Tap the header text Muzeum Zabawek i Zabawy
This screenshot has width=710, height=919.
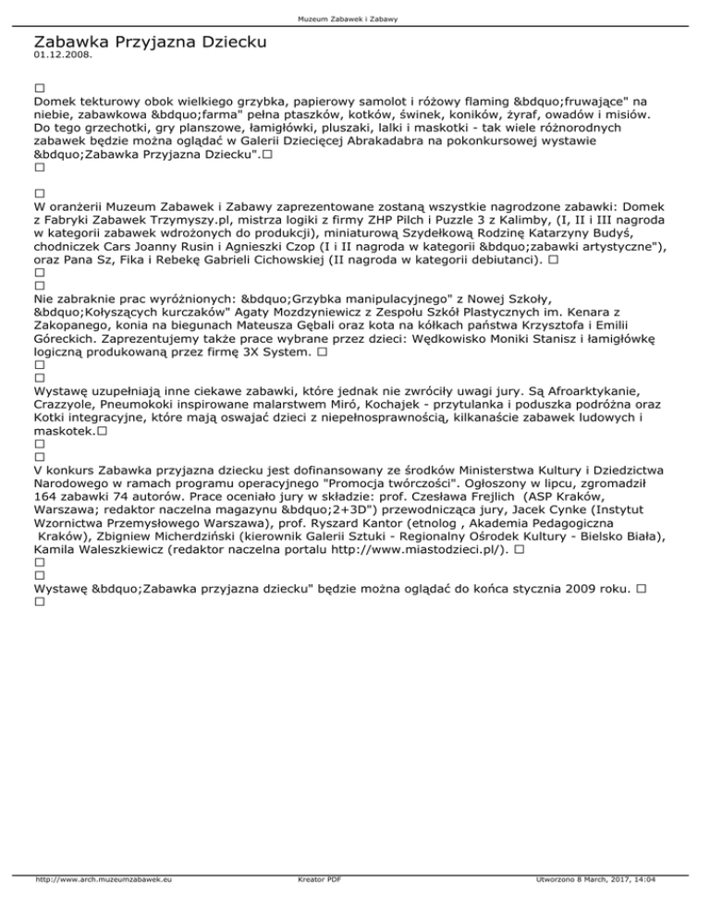355,18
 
